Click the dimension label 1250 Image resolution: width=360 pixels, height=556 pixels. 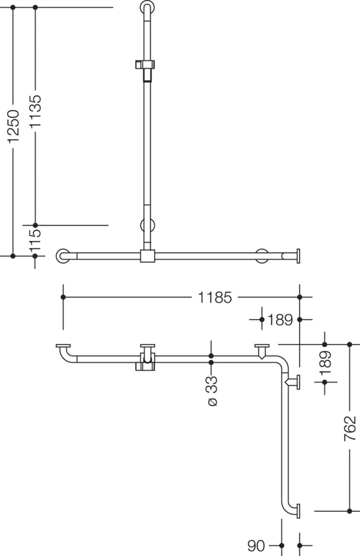coord(13,127)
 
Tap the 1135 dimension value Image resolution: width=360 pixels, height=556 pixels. coord(35,111)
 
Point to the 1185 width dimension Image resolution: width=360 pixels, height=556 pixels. coord(215,297)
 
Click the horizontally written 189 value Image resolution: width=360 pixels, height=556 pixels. coord(280,320)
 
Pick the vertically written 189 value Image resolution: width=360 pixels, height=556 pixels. coord(325,363)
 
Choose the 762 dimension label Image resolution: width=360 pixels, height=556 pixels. coord(350,428)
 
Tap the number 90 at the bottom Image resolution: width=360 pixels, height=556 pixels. coord(256,546)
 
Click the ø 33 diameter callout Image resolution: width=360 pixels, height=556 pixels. coord(212,391)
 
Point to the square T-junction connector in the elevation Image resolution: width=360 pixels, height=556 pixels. coord(147,256)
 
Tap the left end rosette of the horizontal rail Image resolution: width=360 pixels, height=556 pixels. coord(63,256)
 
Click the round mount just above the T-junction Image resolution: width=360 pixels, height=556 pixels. coord(147,225)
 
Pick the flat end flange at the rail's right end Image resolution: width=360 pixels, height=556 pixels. coord(298,256)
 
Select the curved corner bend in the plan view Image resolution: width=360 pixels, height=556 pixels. coord(282,362)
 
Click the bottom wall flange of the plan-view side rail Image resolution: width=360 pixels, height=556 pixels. coord(298,511)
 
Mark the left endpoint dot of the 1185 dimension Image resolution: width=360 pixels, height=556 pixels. coord(63,297)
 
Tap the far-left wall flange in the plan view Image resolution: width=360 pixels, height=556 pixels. coord(63,346)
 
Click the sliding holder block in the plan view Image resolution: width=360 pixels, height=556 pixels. coord(145,362)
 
